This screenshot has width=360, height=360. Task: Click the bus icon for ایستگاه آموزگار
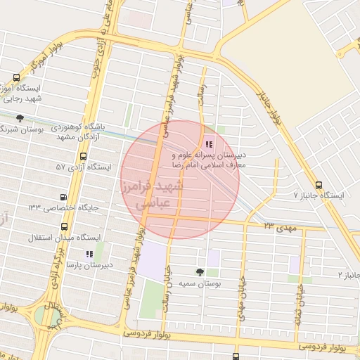17,79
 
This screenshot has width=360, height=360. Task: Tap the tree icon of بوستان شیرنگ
20,118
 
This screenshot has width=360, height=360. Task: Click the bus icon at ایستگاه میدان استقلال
65,227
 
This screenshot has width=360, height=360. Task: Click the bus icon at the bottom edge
236,356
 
